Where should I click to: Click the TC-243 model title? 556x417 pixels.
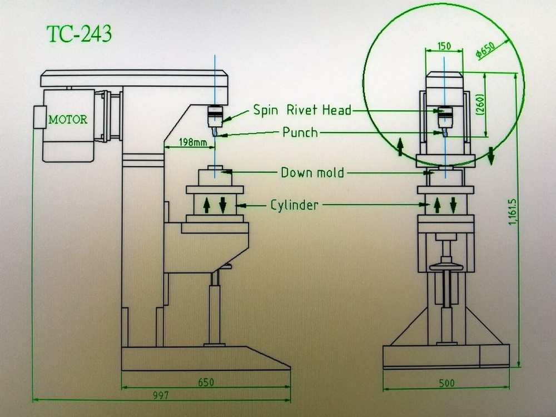pos(79,34)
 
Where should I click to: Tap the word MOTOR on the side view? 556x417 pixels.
pos(68,120)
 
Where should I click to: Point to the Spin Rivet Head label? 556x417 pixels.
pos(302,110)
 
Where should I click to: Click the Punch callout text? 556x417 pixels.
pos(300,133)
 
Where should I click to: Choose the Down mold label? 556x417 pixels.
pos(312,172)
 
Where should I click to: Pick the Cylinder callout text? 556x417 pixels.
pos(294,205)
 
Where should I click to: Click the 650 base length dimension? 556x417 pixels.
pos(206,383)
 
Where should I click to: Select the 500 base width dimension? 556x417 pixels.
pos(446,383)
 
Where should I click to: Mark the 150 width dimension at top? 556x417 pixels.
pos(444,46)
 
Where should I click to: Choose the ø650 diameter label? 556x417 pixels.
pos(485,49)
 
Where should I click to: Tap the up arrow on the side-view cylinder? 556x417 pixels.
pos(206,205)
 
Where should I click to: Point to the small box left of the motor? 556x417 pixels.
pos(38,117)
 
